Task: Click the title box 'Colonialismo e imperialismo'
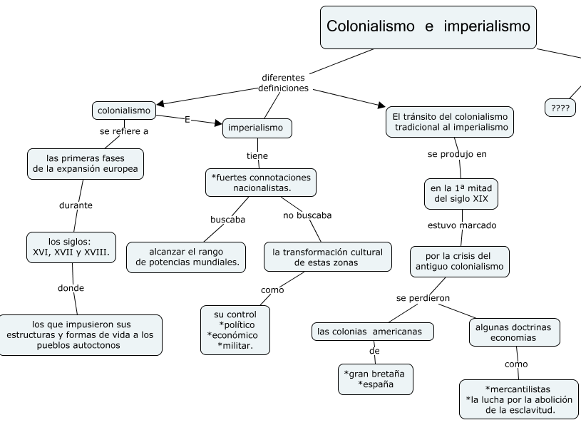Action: coord(428,27)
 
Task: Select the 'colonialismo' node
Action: coord(124,111)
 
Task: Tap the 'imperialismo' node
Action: coord(257,128)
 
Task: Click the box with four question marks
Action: coord(560,108)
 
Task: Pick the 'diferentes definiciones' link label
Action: coord(283,83)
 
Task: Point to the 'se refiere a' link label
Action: coord(123,131)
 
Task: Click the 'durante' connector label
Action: coord(76,205)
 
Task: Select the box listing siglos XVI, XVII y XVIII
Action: coord(71,247)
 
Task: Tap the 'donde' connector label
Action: coord(71,288)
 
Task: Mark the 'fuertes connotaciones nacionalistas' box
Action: coord(261,182)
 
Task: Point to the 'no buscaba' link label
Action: coord(307,215)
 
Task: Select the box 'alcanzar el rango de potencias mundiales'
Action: coord(186,257)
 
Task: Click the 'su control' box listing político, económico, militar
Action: coord(235,330)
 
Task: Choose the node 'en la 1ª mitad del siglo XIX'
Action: coord(461,193)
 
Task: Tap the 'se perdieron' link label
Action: coord(423,297)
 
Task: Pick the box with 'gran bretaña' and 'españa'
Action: coord(376,379)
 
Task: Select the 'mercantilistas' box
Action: coord(518,399)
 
